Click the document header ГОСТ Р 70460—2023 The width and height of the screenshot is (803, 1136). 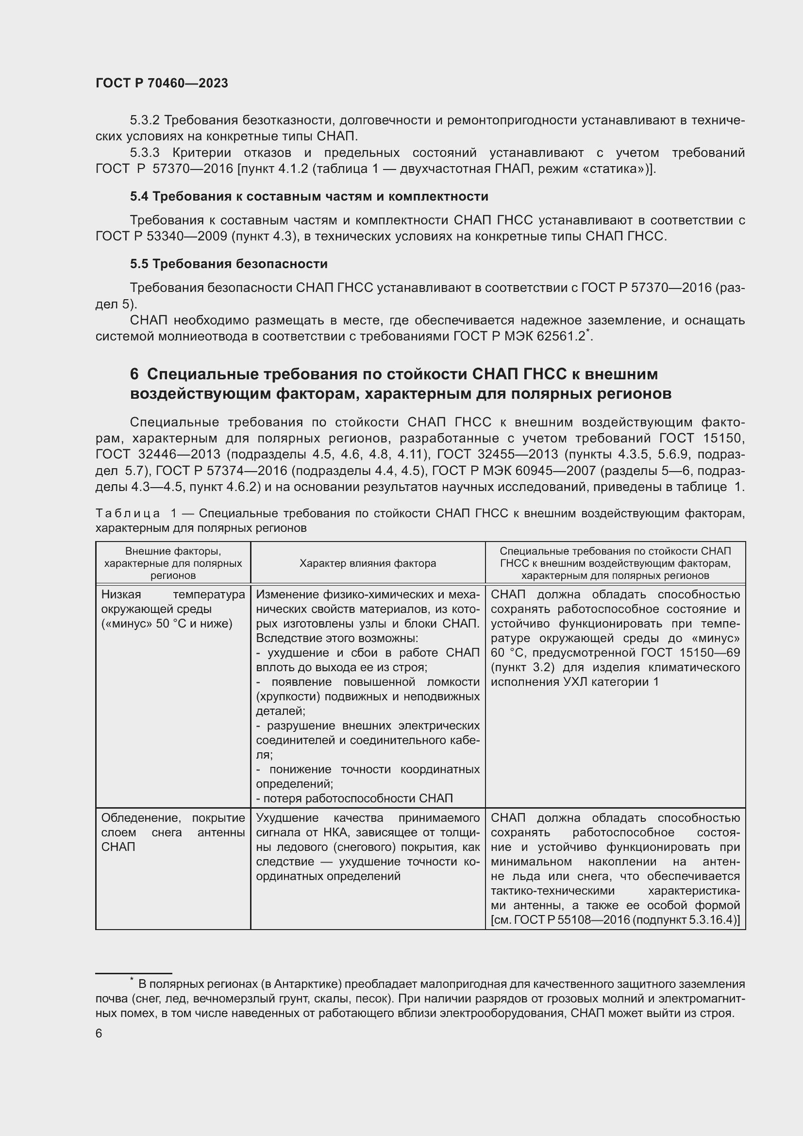(162, 83)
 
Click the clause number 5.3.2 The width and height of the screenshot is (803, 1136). (144, 120)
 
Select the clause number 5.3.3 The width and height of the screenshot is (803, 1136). (144, 153)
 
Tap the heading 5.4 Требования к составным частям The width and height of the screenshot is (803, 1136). (309, 196)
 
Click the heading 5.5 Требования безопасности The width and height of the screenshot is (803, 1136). (229, 264)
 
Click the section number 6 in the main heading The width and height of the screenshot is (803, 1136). (134, 374)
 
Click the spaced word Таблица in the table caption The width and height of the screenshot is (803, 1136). (128, 513)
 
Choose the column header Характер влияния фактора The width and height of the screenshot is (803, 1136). (368, 563)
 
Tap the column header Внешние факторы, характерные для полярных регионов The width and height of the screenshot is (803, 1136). (173, 563)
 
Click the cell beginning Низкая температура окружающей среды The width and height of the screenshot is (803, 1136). (172, 609)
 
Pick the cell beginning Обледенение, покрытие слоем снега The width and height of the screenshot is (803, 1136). (172, 832)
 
